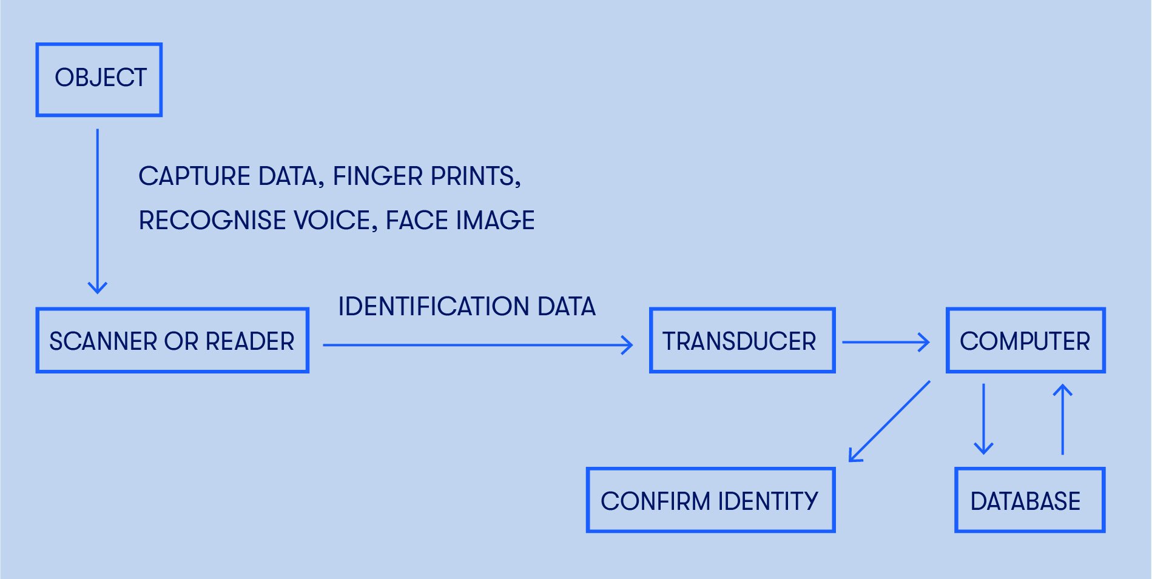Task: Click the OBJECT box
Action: tap(99, 79)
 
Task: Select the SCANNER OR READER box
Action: tap(172, 341)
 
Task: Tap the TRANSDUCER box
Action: tap(742, 341)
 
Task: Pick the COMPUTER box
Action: tap(1025, 341)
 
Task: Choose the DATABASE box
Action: tap(1029, 500)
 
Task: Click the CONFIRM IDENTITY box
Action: tap(710, 500)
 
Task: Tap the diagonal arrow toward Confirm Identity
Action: tap(889, 421)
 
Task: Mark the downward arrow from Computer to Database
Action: tap(983, 418)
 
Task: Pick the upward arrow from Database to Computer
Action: tap(1062, 420)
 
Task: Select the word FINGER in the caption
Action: tap(377, 176)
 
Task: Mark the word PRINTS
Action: tap(475, 176)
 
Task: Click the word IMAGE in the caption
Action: tap(495, 220)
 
